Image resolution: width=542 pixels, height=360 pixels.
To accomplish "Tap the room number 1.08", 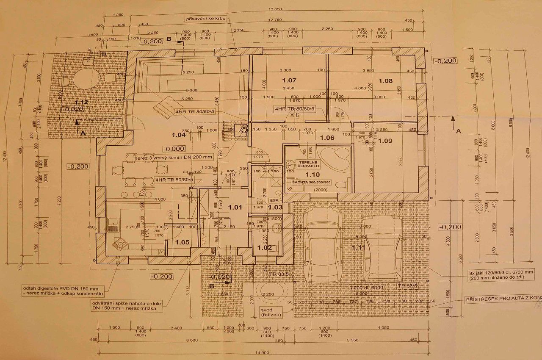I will (x=385, y=80).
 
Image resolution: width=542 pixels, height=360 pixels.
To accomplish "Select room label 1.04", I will (x=179, y=135).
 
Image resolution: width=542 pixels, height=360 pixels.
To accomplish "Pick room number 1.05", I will (x=182, y=243).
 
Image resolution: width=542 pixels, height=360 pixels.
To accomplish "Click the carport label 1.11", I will (x=358, y=246).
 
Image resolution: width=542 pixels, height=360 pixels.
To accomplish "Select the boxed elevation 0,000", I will (x=175, y=149).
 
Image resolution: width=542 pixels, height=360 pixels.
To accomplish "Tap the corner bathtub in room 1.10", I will (x=335, y=160).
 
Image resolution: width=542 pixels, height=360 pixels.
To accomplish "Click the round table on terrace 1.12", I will (x=87, y=79).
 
